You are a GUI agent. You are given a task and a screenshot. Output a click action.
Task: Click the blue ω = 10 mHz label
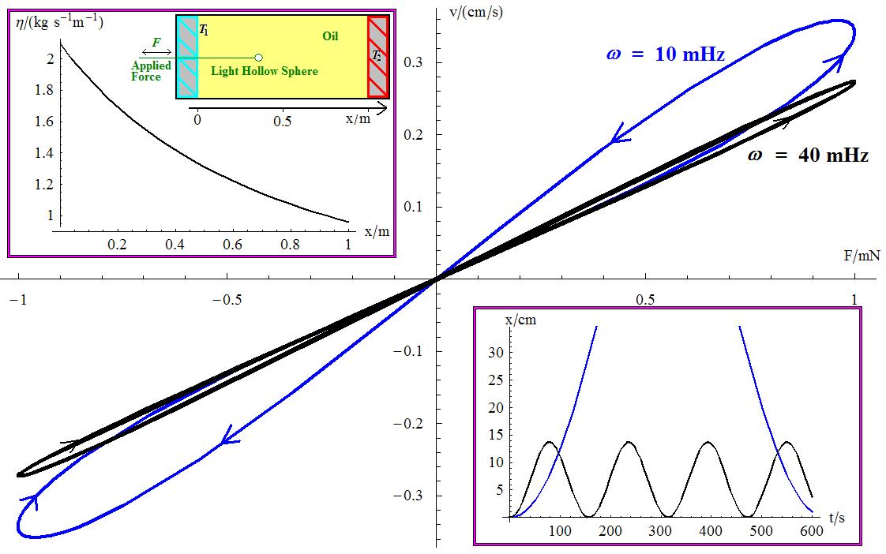[x=665, y=54]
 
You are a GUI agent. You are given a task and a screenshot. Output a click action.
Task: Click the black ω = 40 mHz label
[x=807, y=155]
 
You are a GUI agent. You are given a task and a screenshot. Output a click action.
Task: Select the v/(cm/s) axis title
[x=475, y=11]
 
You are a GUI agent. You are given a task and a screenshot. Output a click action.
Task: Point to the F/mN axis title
[x=862, y=256]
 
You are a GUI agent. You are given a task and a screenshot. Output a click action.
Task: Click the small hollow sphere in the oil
[x=258, y=57]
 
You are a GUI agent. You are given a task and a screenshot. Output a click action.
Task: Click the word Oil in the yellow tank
[x=331, y=36]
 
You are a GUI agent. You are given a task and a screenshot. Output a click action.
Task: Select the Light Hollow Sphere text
[x=265, y=71]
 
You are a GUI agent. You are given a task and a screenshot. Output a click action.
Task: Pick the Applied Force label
[x=151, y=71]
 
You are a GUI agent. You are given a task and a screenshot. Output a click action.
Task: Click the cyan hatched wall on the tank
[x=187, y=56]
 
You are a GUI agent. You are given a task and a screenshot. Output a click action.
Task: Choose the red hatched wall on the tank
[x=378, y=56]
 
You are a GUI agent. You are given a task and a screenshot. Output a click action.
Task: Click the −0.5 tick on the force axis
[x=228, y=300]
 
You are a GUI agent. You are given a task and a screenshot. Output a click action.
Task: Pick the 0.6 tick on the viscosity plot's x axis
[x=232, y=245]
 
